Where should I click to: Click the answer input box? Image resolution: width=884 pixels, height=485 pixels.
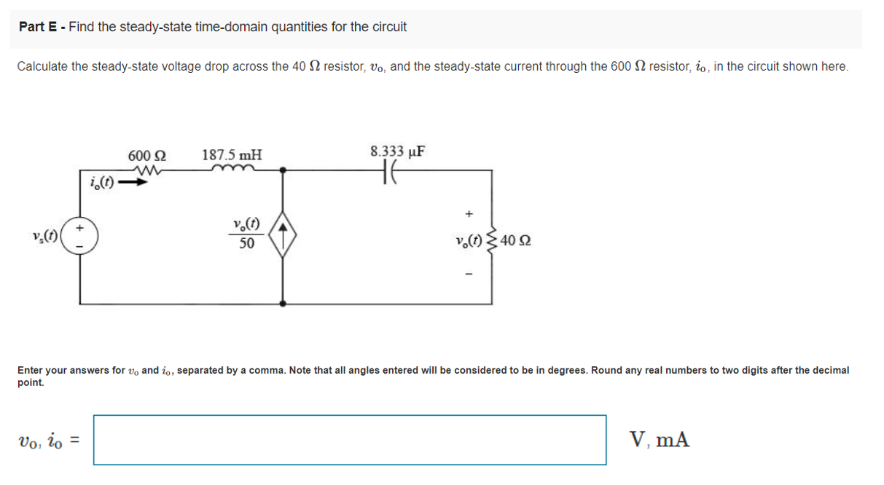[350, 440]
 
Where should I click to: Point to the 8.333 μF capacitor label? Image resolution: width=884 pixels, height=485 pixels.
[398, 152]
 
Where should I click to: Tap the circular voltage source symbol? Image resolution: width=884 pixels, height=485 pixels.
[80, 237]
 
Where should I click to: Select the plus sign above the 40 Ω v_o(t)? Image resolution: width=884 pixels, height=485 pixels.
[469, 214]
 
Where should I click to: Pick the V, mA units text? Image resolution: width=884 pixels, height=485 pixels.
[660, 440]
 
